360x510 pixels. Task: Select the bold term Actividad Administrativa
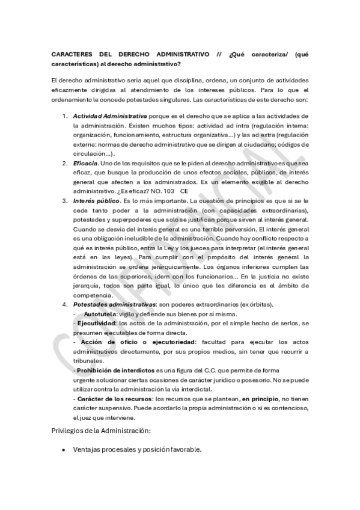point(110,115)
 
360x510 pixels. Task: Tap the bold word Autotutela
point(100,314)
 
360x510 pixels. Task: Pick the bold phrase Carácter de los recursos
point(113,399)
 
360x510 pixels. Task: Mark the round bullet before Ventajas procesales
point(63,450)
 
